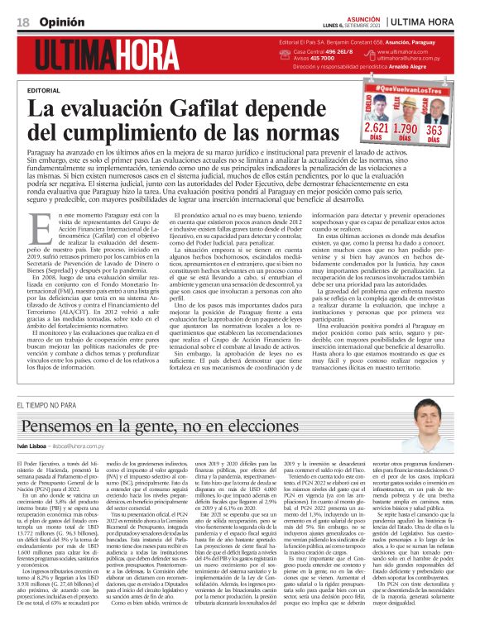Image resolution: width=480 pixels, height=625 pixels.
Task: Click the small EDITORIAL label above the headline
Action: (43, 89)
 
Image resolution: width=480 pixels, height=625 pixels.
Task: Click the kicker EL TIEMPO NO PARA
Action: (48, 405)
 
